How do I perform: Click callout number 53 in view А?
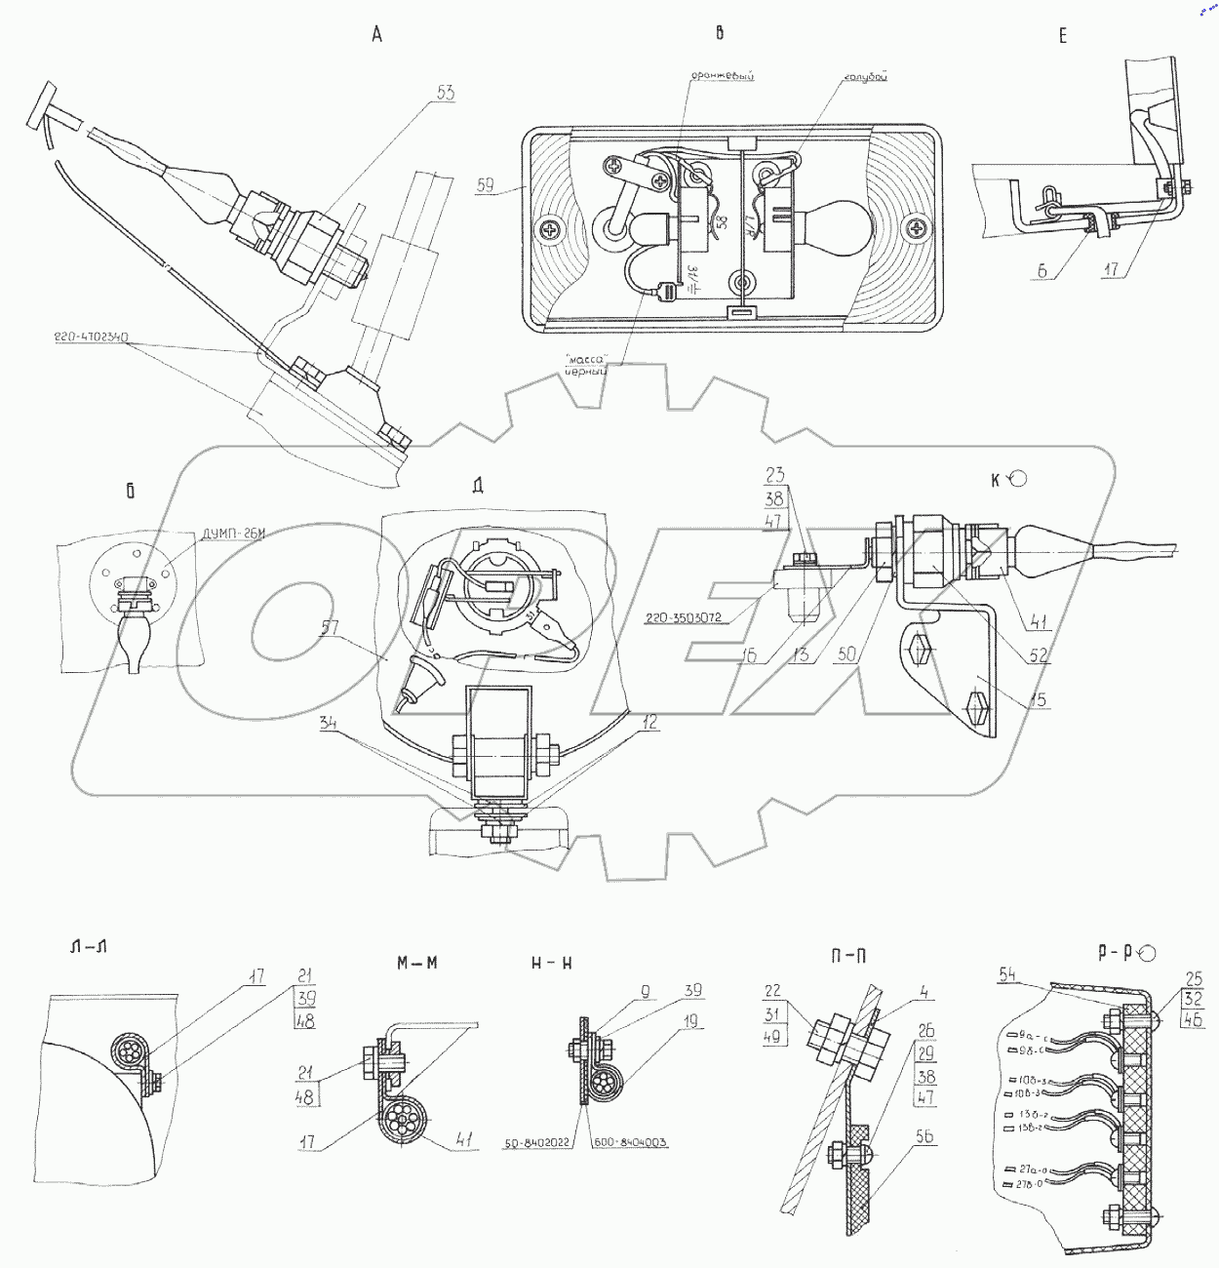coord(447,94)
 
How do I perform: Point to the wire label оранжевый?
coord(724,75)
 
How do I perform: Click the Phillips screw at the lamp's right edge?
coord(918,229)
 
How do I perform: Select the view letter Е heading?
coord(1062,36)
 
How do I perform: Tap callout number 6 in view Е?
coord(1042,272)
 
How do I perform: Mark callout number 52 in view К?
coord(1041,656)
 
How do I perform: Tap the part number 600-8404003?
coord(629,1141)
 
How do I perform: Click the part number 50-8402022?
coord(541,1141)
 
